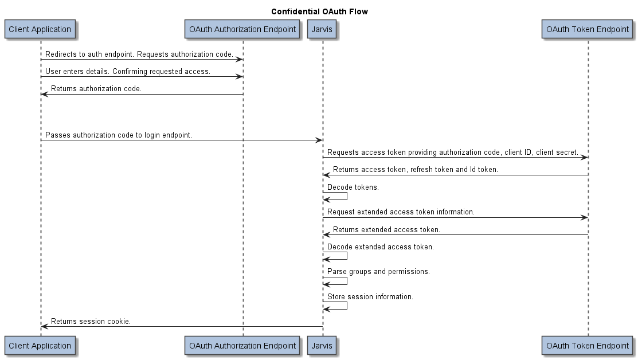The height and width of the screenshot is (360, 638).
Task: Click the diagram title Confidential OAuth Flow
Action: pyautogui.click(x=319, y=11)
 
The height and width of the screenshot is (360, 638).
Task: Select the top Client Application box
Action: pyautogui.click(x=40, y=29)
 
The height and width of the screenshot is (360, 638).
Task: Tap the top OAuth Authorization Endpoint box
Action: pyautogui.click(x=242, y=29)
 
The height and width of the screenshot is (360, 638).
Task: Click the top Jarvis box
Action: pyautogui.click(x=322, y=29)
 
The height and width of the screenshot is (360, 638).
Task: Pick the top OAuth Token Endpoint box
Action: pyautogui.click(x=588, y=29)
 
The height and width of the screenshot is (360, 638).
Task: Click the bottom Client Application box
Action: pyautogui.click(x=40, y=346)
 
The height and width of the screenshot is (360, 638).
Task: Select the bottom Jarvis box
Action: pyautogui.click(x=322, y=346)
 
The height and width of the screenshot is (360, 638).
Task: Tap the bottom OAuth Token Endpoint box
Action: pyautogui.click(x=588, y=346)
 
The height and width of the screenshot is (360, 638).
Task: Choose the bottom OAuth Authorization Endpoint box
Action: pyautogui.click(x=242, y=346)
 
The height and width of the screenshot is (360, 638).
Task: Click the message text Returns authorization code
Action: pyautogui.click(x=96, y=89)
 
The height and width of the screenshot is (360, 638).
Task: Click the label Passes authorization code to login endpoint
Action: pyautogui.click(x=119, y=135)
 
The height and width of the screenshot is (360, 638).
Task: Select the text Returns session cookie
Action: pyautogui.click(x=91, y=322)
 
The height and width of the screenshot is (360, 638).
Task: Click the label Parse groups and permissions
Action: pyautogui.click(x=378, y=272)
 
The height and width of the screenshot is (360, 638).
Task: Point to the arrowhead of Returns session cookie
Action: pyautogui.click(x=44, y=327)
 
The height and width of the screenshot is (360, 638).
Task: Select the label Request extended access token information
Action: pyautogui.click(x=401, y=212)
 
